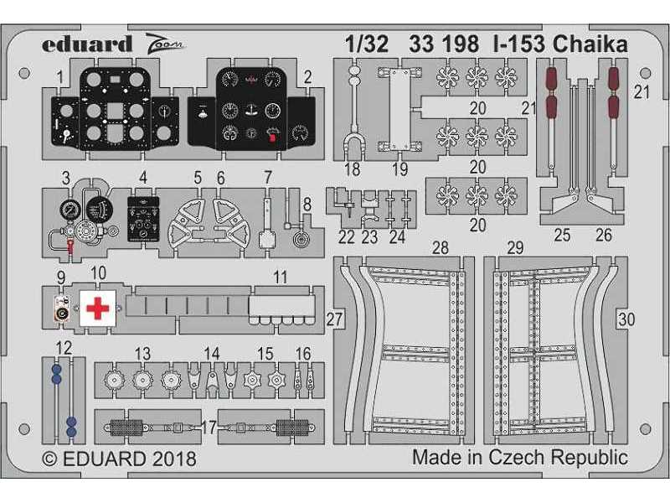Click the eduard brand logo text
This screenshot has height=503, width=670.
coord(87,44)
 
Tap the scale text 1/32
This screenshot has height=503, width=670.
coord(367,44)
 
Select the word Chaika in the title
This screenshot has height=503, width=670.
coord(590,44)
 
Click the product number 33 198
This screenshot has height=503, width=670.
coord(444,44)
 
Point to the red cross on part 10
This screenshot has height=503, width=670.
coord(98,309)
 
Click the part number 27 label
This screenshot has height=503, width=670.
coord(335,319)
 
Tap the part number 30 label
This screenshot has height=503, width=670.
coord(626,319)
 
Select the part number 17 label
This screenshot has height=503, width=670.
coord(209,428)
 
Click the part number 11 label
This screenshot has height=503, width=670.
coord(281,277)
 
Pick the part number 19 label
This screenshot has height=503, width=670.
coord(400,169)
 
